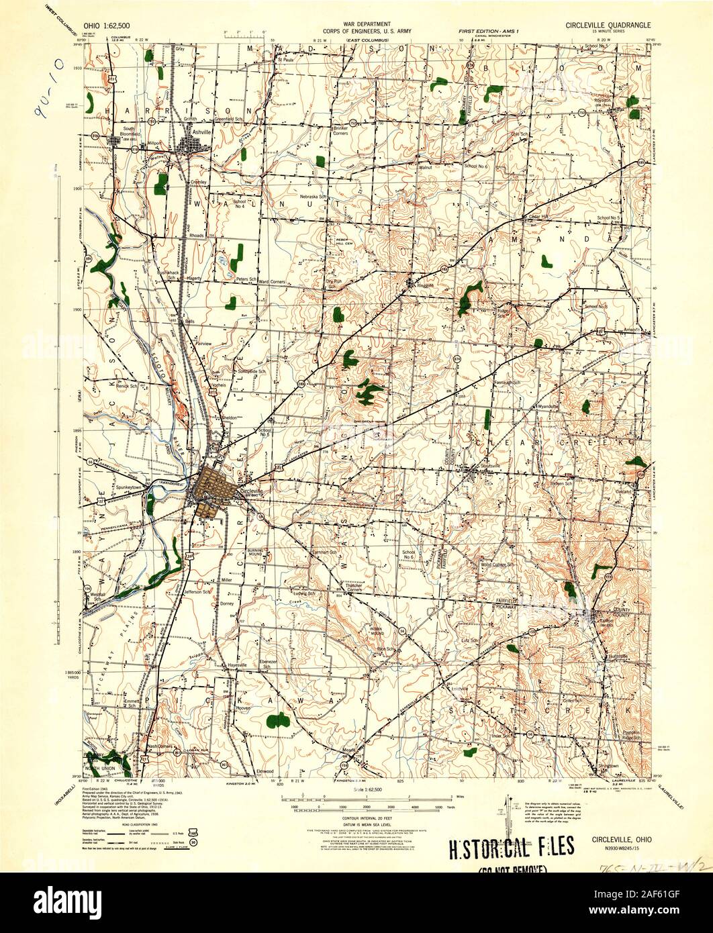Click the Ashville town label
coord(201,133)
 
